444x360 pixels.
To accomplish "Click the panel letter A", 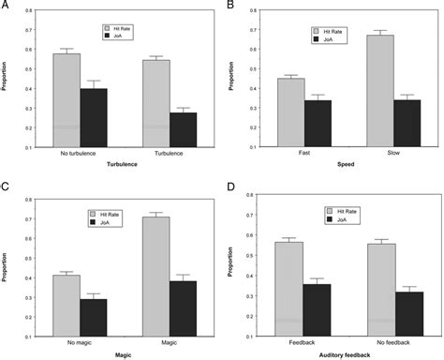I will (x=5, y=5).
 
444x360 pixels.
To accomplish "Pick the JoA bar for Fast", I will (x=317, y=123).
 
